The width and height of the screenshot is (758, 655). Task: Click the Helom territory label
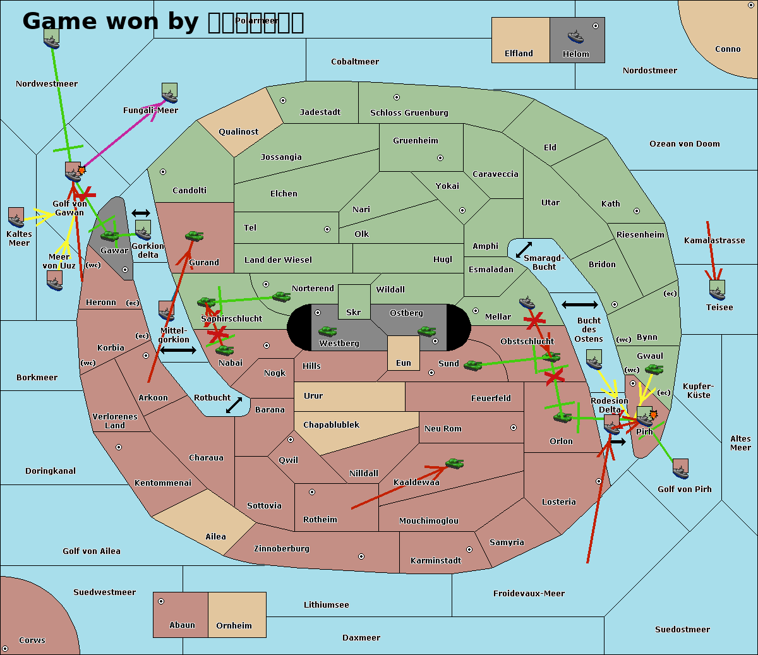575,54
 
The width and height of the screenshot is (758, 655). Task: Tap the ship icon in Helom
575,36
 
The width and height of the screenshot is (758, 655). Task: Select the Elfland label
519,54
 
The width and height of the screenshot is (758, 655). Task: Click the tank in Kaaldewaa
454,464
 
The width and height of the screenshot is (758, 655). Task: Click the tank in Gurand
194,236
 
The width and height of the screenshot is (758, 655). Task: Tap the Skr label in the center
353,313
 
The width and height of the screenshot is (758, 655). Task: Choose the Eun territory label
404,363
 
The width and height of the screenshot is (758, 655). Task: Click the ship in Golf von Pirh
680,469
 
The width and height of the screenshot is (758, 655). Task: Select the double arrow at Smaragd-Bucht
524,250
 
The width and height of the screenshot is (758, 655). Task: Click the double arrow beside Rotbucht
234,405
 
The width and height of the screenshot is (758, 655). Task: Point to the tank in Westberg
327,331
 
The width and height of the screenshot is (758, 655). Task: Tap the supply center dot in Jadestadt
283,100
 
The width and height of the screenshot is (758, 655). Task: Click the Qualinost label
238,132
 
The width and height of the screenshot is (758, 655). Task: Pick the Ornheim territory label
234,626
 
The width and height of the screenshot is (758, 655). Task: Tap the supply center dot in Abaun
161,601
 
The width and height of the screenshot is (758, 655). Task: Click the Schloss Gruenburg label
409,113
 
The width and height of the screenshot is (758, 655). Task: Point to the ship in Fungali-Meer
169,93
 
